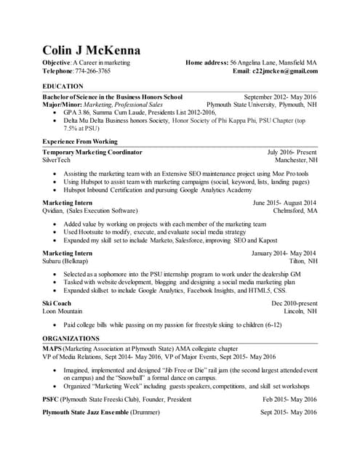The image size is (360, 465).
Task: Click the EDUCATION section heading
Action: (x=63, y=86)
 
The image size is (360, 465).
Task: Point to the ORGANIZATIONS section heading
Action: (x=71, y=339)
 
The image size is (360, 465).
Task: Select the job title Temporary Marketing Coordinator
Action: (x=92, y=152)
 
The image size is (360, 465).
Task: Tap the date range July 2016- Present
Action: (x=292, y=152)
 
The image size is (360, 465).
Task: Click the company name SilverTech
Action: (x=57, y=160)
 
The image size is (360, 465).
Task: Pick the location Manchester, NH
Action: (x=296, y=160)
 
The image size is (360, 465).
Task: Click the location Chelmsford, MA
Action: (x=294, y=211)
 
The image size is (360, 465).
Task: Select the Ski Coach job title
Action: (x=57, y=302)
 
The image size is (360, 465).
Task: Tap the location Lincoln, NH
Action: (x=300, y=310)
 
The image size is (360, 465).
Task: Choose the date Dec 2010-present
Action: (x=295, y=302)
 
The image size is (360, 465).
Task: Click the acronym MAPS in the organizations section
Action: (x=52, y=349)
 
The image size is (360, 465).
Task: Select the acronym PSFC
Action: (x=51, y=400)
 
